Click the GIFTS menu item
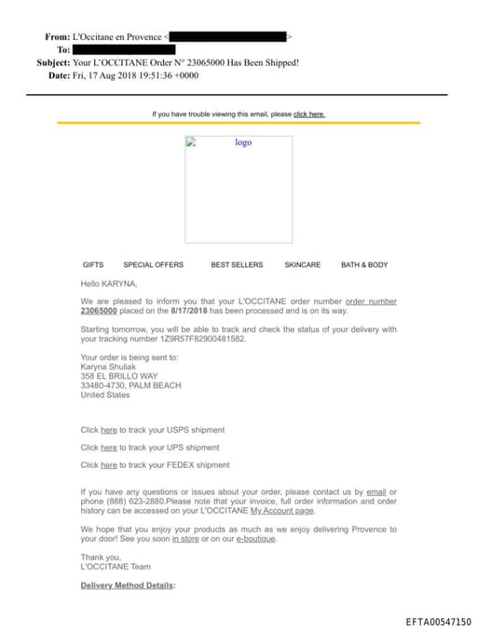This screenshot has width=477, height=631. coord(93,265)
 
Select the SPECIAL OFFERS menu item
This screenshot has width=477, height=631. coord(154,265)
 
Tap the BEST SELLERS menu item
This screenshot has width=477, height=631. coord(237,265)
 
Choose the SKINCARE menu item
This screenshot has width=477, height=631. coord(302,265)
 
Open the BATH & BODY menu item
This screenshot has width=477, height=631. coord(364,265)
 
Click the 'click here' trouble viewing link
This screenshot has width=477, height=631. coord(309,114)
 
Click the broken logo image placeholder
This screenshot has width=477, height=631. coord(238,177)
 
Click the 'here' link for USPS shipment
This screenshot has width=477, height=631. coord(108,430)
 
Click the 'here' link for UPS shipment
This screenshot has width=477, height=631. coord(108,448)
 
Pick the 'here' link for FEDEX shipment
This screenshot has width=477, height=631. coord(108,465)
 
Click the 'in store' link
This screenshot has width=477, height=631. coord(185,539)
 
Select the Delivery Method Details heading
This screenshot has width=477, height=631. coord(128,585)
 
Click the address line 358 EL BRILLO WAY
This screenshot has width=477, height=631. coord(119,376)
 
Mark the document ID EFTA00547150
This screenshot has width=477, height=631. coord(438,622)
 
